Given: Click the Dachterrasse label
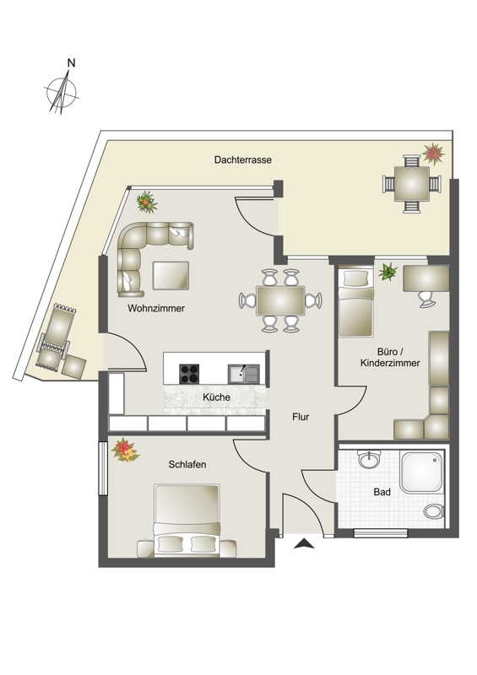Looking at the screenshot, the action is [243, 159].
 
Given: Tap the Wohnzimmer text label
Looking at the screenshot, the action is [156, 308].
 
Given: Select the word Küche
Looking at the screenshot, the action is [216, 397].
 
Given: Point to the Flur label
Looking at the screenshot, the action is [301, 417].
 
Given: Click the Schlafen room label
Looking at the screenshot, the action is [187, 465].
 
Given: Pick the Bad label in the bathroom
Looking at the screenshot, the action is [382, 492].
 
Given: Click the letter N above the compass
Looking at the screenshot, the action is [72, 62].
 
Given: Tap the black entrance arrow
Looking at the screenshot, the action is [304, 543].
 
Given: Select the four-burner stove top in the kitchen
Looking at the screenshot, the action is [189, 374].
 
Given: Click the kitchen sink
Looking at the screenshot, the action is [244, 374].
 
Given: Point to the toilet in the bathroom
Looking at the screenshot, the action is [434, 511].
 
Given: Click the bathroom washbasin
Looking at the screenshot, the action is [369, 459].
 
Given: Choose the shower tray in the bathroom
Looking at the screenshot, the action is [421, 472].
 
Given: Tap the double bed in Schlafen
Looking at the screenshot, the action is [187, 521].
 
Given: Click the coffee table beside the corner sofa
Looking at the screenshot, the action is [171, 276].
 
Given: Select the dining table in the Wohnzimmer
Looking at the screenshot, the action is [280, 300].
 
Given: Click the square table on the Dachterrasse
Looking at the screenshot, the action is [412, 184].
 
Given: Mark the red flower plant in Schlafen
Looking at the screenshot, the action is [125, 451].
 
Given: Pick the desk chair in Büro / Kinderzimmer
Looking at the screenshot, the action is [426, 299].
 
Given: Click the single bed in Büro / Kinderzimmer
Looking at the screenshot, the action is [356, 302].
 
